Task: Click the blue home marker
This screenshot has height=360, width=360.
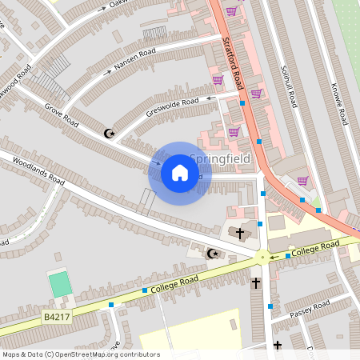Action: [x=180, y=173]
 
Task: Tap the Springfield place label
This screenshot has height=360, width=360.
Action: [x=220, y=160]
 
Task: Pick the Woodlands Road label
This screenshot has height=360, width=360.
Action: [x=38, y=170]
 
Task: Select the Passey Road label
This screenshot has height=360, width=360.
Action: [x=309, y=309]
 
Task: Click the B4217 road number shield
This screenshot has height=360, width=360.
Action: [x=54, y=318]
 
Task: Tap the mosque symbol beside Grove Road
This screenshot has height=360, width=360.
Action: [x=110, y=133]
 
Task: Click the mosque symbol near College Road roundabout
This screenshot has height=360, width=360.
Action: [x=212, y=254]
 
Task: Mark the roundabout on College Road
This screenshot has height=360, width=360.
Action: [x=262, y=258]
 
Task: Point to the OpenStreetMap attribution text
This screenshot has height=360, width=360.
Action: [x=80, y=354]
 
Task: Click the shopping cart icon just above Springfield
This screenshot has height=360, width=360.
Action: [x=234, y=132]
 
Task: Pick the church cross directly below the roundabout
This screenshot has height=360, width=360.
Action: [x=256, y=283]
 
